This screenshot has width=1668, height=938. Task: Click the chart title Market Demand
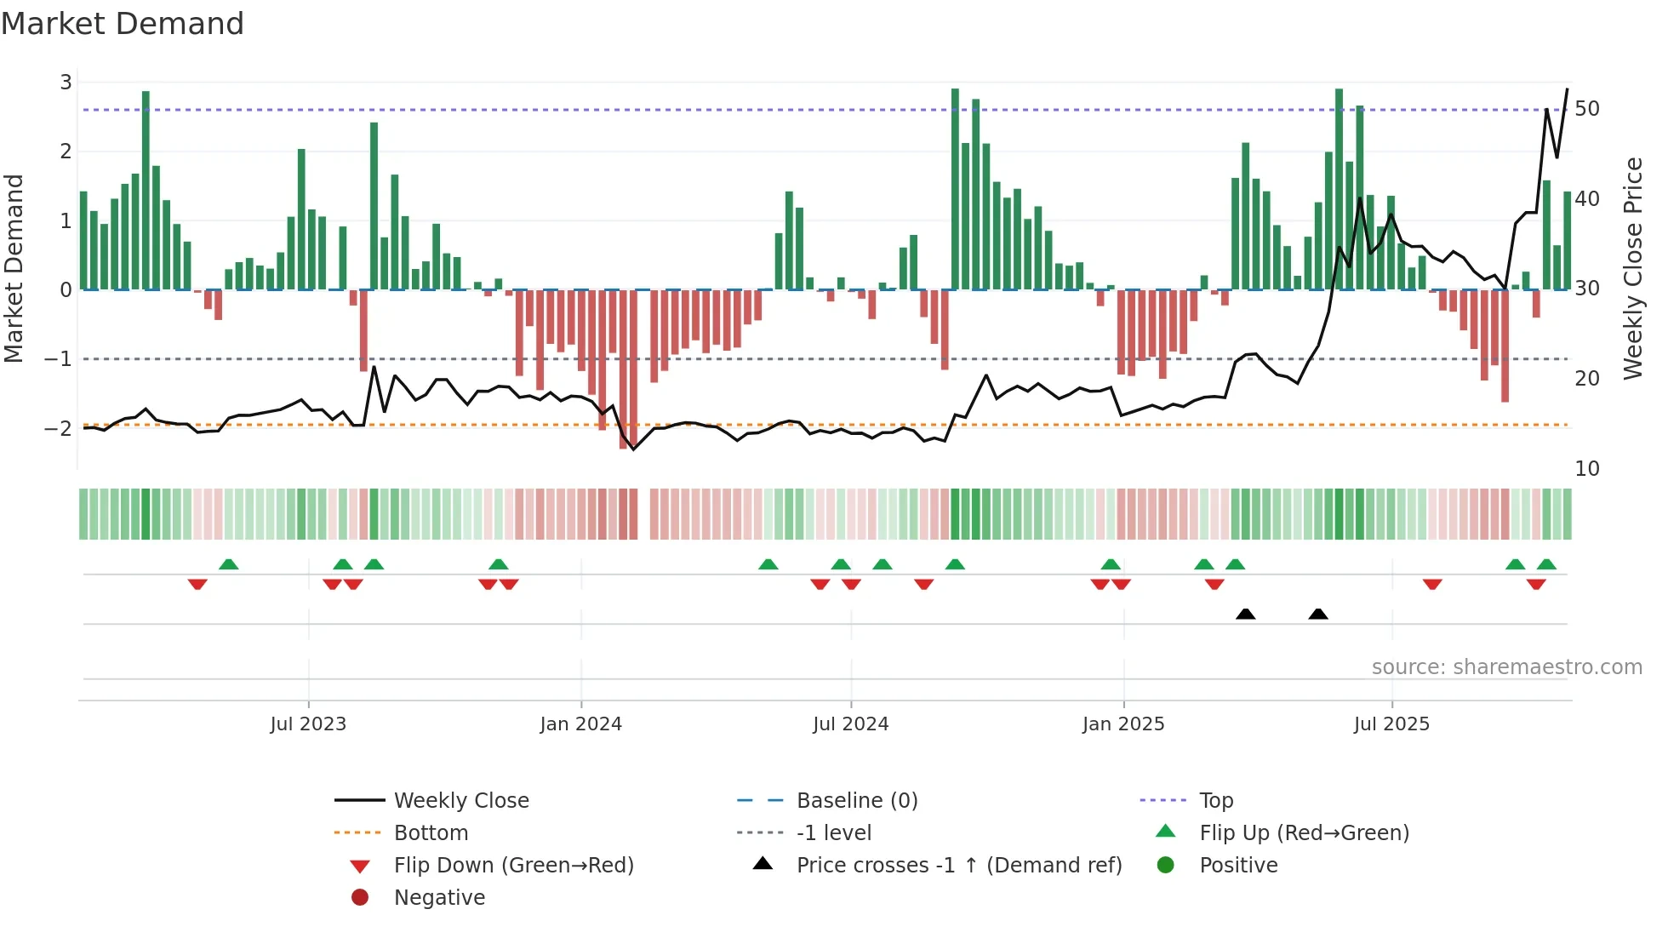(x=123, y=23)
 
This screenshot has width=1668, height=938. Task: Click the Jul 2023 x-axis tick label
(x=308, y=724)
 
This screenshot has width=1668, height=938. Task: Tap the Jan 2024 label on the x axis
(x=581, y=724)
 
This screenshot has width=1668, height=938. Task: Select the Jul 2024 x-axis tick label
(x=851, y=724)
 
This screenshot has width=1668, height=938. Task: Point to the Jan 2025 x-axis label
(x=1123, y=724)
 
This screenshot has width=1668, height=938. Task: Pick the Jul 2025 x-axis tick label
(x=1392, y=724)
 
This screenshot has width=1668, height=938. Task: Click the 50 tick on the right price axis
(x=1587, y=109)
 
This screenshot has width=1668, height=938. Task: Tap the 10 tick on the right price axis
(x=1587, y=469)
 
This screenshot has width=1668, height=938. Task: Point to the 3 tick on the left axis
(x=66, y=83)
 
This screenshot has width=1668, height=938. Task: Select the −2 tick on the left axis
(x=59, y=428)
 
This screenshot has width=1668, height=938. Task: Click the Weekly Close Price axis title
(x=1632, y=268)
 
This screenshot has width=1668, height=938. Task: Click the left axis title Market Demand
(x=14, y=268)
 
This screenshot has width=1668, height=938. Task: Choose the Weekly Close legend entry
(x=461, y=800)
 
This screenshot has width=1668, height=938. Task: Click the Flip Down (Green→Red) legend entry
(x=513, y=866)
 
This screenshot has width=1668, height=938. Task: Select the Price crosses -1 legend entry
(x=959, y=866)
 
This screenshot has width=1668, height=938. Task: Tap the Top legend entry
(x=1216, y=800)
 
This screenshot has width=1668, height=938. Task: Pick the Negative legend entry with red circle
(x=439, y=898)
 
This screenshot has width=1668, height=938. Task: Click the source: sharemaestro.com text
(x=1507, y=667)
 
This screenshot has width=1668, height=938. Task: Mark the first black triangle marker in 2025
(x=1246, y=614)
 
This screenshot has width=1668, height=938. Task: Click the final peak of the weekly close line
(x=1568, y=89)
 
